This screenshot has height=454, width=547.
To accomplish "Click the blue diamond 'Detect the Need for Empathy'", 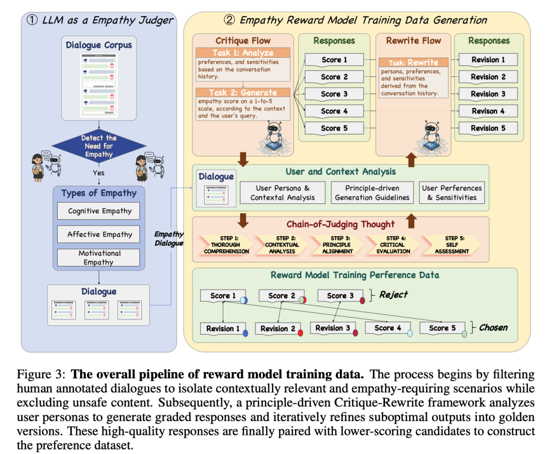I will click(x=99, y=146).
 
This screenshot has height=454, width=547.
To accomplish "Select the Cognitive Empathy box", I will click(x=100, y=211).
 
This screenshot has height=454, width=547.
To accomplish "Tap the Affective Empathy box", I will click(x=100, y=234).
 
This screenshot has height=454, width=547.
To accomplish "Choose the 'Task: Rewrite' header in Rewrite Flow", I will click(x=413, y=63).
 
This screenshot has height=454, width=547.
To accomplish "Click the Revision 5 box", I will click(x=488, y=128).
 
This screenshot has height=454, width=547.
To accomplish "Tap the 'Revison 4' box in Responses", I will click(x=488, y=111).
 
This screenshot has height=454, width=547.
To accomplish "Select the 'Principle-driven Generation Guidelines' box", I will click(x=372, y=193).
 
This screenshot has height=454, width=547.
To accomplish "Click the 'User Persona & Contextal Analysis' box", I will click(x=283, y=193).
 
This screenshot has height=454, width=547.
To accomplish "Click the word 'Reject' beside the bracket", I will click(x=394, y=295).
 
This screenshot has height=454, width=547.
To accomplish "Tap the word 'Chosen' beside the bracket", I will click(x=493, y=327).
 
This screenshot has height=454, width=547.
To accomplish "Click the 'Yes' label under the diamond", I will click(x=99, y=173).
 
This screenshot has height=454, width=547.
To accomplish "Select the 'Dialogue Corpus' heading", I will click(x=99, y=45).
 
